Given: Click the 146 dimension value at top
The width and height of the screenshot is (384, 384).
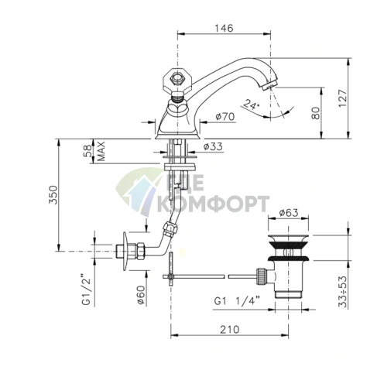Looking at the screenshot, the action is point(224,28).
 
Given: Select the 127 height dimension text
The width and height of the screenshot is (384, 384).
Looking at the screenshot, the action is point(343,99).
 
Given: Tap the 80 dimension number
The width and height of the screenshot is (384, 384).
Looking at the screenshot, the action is point(315,113).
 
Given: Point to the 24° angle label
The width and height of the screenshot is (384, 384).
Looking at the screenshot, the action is point(251,104).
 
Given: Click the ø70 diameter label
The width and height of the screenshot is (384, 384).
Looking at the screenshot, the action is point(225,117).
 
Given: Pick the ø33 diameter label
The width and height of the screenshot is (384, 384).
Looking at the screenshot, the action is point(213,146).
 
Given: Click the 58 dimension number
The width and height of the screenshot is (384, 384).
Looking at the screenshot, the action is point(88,151).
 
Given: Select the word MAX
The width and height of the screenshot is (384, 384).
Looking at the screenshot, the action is point(101,151).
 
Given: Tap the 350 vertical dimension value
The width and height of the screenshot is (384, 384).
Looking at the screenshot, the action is point(53,194).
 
